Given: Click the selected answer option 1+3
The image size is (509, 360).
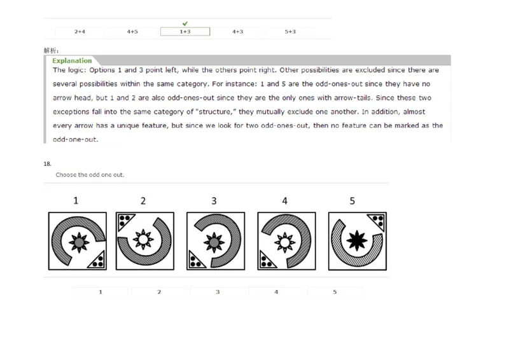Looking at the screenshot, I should click(x=185, y=31).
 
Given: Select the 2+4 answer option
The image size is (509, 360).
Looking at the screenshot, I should click(x=80, y=31).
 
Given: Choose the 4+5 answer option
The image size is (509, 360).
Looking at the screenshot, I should click(x=132, y=31).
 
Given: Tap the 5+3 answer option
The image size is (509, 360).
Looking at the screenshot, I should click(x=290, y=31).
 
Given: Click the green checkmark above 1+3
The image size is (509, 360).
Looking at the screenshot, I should click(x=185, y=24).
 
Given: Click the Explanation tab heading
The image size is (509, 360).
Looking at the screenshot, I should click(x=71, y=61).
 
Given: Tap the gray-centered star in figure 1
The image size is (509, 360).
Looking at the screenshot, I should click(x=79, y=242).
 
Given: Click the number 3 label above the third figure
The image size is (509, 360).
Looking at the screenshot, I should click(x=214, y=201).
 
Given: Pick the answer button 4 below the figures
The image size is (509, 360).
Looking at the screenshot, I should click(x=276, y=292).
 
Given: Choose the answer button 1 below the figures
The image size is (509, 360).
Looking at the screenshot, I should click(x=100, y=292).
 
